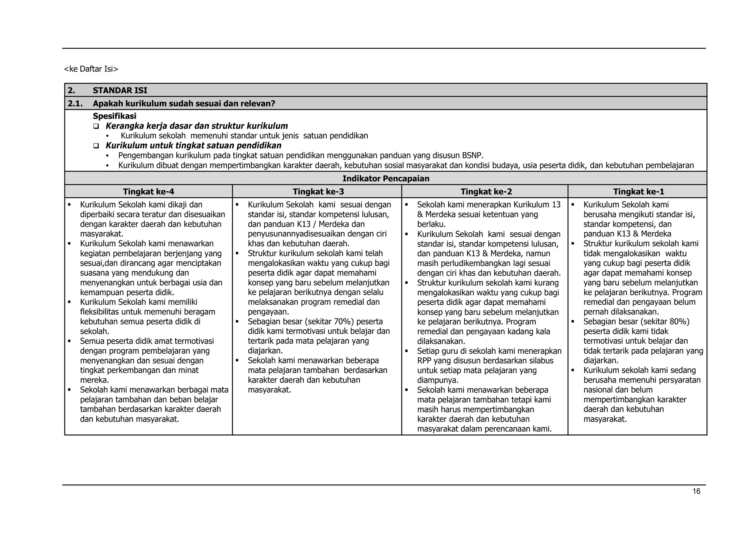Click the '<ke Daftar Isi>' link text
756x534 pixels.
point(91,69)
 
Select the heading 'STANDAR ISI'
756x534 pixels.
point(120,90)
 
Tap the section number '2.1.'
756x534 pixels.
point(75,104)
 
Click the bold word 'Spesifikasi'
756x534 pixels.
point(114,116)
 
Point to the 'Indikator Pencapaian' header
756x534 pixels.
point(386,178)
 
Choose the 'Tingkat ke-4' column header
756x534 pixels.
point(148,191)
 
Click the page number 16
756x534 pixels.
point(696,491)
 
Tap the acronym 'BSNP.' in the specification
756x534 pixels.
point(472,155)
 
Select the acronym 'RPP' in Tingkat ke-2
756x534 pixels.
point(425,361)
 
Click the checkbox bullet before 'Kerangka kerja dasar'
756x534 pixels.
point(96,126)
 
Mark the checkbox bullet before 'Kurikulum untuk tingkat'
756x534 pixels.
point(96,146)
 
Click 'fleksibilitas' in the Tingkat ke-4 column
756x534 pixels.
point(99,312)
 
